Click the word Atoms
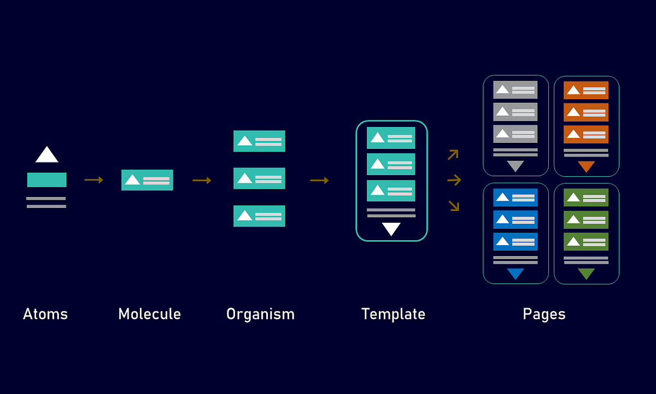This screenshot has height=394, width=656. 45,314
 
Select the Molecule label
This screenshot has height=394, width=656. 149,314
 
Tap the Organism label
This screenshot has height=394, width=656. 260,314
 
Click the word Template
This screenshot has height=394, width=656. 393,314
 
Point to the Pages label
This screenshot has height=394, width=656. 544,314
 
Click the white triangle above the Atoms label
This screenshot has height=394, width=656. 47,155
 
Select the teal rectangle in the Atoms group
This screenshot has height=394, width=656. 47,180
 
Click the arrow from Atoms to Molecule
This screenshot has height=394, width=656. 93,180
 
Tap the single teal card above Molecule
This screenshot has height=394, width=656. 147,180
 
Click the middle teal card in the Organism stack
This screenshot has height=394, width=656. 259,178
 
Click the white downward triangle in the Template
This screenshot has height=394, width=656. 391,229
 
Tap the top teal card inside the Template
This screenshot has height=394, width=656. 391,138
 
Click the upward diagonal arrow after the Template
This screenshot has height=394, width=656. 453,154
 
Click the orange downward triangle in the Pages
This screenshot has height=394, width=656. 586,166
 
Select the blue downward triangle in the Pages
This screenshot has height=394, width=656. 516,274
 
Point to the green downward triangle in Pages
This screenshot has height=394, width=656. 586,274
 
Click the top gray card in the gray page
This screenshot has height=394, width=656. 516,90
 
